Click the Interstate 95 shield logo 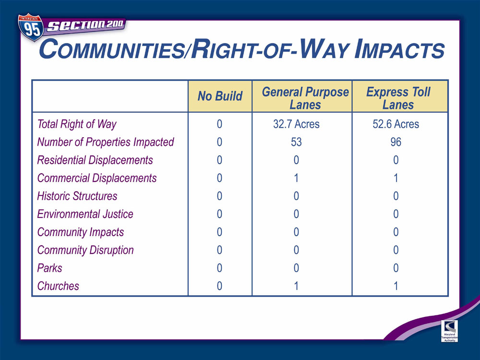[31, 27]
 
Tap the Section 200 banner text [85, 25]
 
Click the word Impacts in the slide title [399, 50]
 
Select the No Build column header [220, 96]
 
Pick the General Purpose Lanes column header [305, 98]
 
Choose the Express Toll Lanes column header [398, 98]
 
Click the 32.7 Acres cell [296, 124]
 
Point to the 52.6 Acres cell [396, 124]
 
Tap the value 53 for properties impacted [296, 142]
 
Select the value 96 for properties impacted [396, 142]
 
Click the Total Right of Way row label [77, 124]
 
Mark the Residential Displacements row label [95, 160]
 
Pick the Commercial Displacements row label [97, 178]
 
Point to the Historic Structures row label [77, 196]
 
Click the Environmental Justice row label [85, 214]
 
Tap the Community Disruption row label [85, 251]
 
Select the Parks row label [49, 268]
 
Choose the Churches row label [58, 286]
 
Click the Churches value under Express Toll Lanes [396, 286]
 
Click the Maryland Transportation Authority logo [449, 331]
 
